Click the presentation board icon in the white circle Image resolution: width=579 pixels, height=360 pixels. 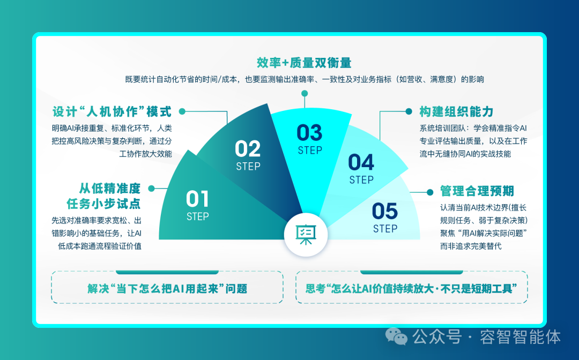[306, 235]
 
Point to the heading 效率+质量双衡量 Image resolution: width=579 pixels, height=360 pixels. [304, 63]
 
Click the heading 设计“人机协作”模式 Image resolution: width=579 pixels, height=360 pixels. [112, 111]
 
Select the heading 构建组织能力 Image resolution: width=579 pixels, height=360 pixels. [456, 111]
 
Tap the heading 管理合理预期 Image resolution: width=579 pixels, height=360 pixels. [477, 191]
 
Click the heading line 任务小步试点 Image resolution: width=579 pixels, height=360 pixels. [104, 204]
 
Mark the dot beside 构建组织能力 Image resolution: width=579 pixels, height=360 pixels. [409, 111]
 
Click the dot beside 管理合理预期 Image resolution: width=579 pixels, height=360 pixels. [430, 192]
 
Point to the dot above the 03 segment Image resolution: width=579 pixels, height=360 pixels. [305, 93]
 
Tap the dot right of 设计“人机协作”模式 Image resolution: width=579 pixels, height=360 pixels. [182, 111]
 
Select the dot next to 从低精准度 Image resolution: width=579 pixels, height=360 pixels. [151, 189]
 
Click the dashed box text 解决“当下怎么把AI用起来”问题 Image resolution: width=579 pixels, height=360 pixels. [167, 288]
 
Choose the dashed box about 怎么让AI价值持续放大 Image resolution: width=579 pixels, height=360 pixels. [411, 287]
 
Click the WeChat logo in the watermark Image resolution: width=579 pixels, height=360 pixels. [396, 336]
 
